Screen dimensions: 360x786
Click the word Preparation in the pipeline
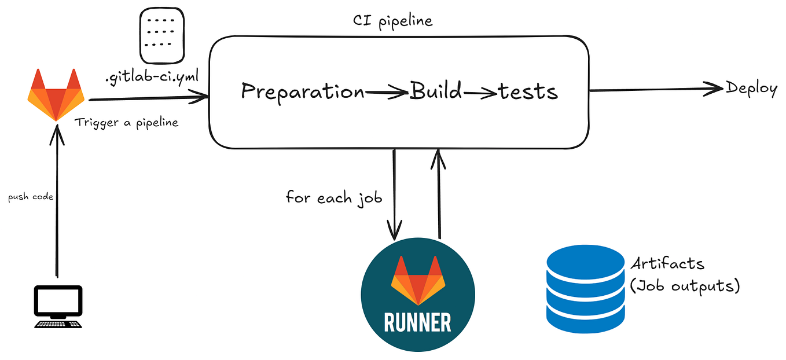point(303,92)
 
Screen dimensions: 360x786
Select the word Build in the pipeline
point(436,91)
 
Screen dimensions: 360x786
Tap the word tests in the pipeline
point(528,91)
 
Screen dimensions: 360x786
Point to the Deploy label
point(751,89)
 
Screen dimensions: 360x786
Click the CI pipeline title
point(392,21)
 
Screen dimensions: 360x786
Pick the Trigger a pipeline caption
point(126,123)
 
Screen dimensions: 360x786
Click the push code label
point(31,197)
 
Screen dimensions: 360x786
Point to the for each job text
point(334,197)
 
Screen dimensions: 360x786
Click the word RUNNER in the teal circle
point(418,322)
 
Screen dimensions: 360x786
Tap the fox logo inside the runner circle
point(418,280)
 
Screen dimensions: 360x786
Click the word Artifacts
point(667,264)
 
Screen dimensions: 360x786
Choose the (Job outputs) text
point(685,286)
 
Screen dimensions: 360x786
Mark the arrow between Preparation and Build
point(387,91)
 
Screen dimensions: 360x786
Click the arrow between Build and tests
point(480,91)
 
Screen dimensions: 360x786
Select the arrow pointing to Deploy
point(656,89)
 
